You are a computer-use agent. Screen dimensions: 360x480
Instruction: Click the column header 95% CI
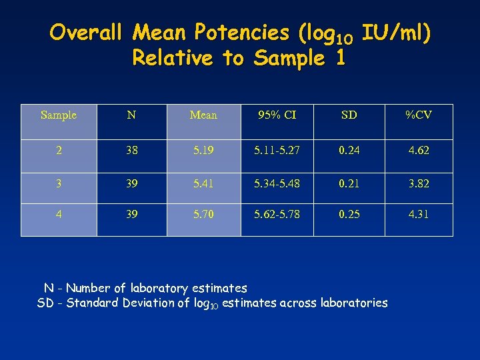(x=277, y=115)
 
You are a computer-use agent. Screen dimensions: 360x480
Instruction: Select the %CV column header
(x=419, y=115)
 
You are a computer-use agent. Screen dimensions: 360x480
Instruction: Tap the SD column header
(x=349, y=115)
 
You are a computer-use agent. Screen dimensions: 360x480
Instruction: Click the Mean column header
(x=203, y=115)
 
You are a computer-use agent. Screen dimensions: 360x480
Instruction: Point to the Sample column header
(x=59, y=115)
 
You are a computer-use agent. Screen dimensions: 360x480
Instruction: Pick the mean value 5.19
(x=203, y=151)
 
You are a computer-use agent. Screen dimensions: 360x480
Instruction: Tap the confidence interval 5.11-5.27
(x=277, y=151)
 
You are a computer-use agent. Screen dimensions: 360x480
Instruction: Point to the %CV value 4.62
(x=419, y=151)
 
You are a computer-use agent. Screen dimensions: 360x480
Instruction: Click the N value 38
(x=131, y=151)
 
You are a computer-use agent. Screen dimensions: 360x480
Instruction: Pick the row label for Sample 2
(x=59, y=151)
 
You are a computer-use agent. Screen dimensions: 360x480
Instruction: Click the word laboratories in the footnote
(x=353, y=303)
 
